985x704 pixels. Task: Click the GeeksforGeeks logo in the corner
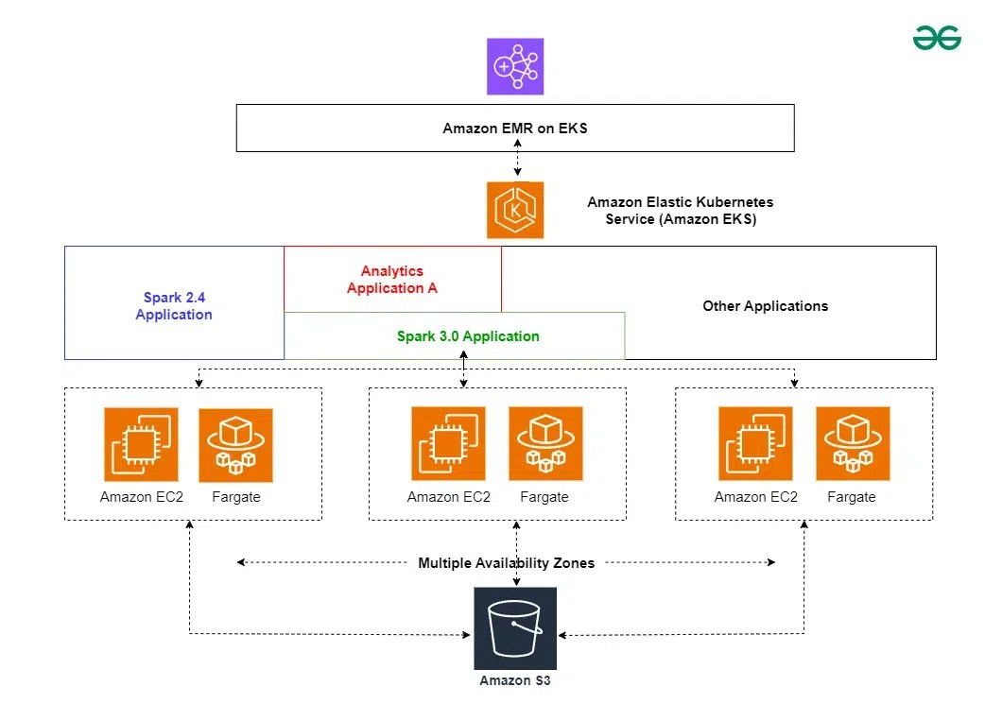point(936,37)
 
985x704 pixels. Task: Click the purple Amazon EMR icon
point(515,67)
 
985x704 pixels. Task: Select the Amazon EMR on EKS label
point(515,129)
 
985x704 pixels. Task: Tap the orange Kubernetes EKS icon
point(515,210)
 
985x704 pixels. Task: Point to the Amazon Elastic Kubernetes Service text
point(680,211)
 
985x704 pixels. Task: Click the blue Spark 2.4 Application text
point(174,306)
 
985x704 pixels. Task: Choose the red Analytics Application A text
point(392,280)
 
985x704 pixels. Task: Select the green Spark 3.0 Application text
point(468,336)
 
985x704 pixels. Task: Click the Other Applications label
point(765,306)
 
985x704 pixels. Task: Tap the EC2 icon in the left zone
point(141,444)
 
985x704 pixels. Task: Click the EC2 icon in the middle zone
point(448,444)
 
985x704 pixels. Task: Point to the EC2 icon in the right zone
point(755,444)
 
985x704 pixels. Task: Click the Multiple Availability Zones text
point(507,563)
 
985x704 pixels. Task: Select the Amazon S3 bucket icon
point(515,627)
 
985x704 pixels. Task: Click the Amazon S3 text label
point(515,680)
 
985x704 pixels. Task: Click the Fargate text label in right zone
point(852,497)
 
